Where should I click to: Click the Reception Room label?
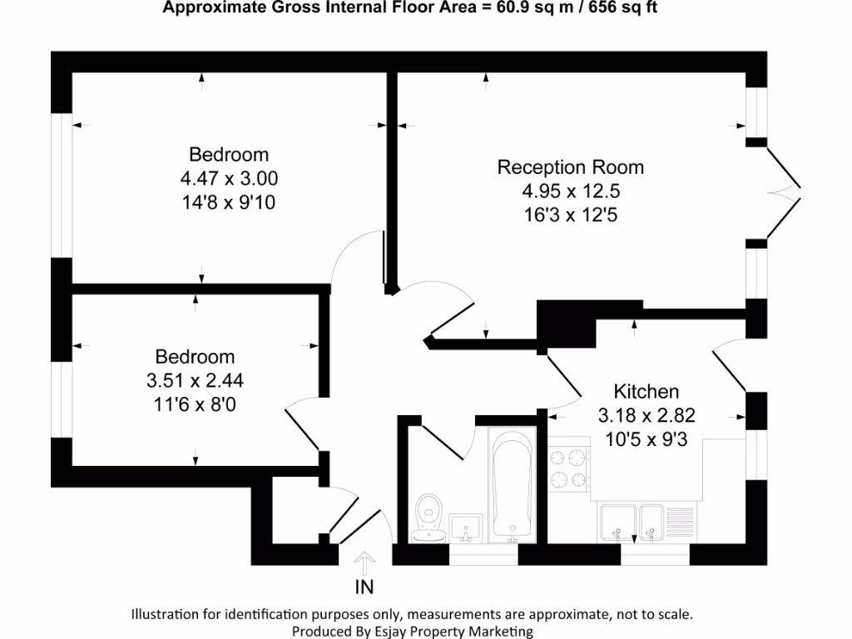571,167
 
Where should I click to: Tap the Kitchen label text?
646,392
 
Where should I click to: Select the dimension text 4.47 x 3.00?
229,178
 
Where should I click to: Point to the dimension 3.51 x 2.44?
195,380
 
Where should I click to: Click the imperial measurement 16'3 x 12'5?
571,215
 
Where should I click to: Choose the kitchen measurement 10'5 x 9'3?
646,439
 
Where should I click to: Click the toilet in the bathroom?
428,518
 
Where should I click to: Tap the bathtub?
512,485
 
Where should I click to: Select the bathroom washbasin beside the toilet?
466,528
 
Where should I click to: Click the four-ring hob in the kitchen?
569,469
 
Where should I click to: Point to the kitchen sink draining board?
680,524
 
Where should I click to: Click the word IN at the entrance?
364,587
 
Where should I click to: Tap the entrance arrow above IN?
364,564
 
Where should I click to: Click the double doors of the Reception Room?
784,193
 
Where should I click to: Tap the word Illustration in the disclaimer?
166,615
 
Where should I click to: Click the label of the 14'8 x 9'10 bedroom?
229,155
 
